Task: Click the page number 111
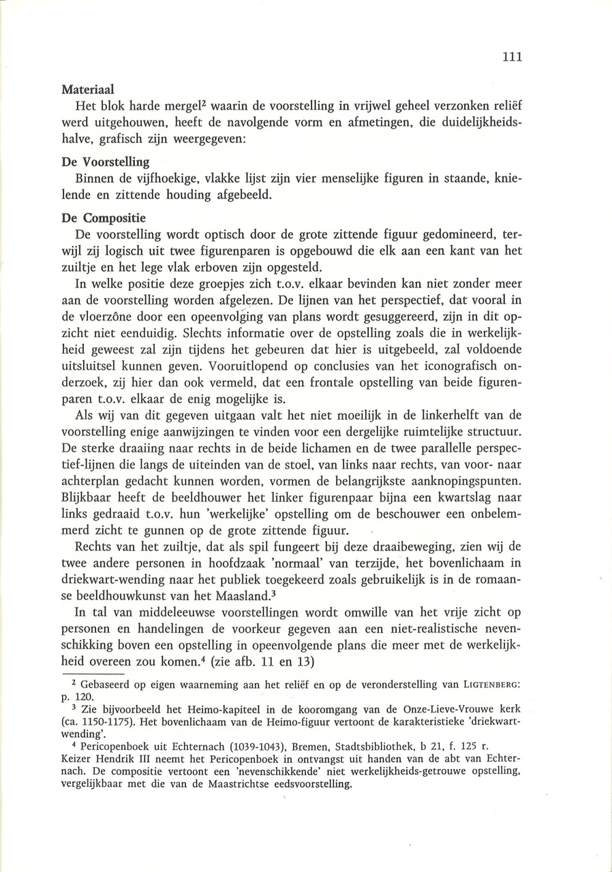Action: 512,57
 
